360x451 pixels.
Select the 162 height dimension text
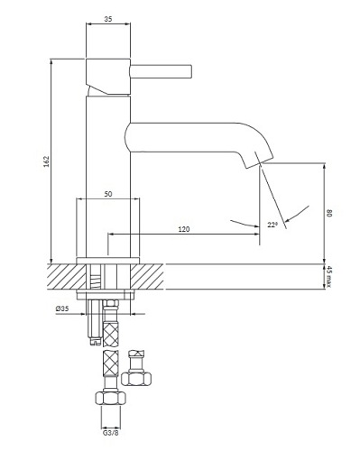coord(46,159)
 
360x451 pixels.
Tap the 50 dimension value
coord(108,194)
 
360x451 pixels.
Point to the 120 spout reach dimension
coord(184,229)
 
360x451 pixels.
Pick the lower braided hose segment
coord(109,368)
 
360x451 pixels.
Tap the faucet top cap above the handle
coord(108,68)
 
